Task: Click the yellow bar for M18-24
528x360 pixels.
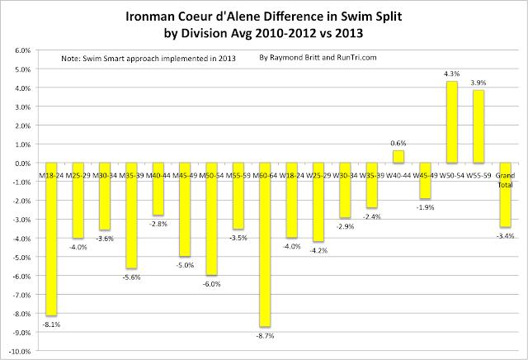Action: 51,239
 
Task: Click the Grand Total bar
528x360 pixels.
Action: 505,195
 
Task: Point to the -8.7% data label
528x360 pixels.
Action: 265,335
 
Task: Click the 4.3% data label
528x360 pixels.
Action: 451,73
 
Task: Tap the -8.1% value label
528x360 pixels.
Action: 51,324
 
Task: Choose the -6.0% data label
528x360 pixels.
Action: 211,284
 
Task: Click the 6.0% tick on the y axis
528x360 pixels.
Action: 21,51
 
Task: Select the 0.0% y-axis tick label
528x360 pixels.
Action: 21,163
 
